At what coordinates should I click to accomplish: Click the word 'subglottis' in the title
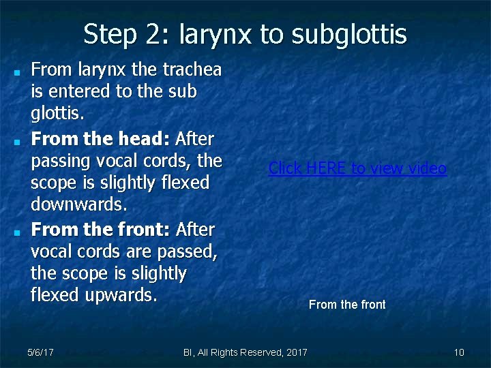350,34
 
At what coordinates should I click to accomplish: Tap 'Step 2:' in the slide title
121,34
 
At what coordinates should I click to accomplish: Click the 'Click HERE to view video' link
357,168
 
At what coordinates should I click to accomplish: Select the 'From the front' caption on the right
347,305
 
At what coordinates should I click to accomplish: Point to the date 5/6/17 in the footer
41,352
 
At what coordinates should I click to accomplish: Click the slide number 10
459,352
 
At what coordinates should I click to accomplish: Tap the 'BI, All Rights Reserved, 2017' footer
245,352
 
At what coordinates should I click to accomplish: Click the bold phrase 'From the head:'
101,140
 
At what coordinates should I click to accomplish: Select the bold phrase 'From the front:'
102,230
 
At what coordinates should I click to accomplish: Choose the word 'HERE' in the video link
322,168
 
